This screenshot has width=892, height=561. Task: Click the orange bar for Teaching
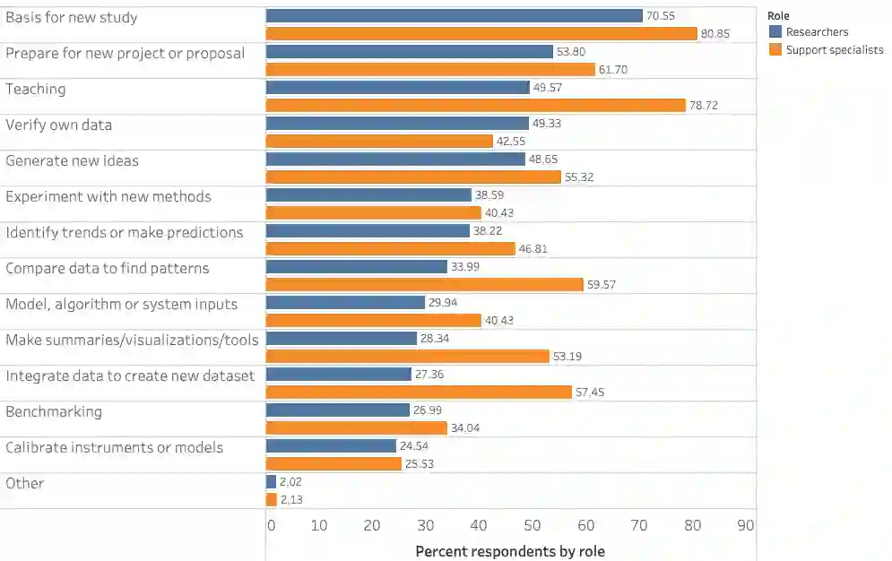click(x=475, y=106)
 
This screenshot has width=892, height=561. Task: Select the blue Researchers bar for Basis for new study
click(x=455, y=16)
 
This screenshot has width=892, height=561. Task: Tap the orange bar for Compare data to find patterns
click(x=424, y=285)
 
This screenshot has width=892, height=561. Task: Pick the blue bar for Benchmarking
click(x=338, y=410)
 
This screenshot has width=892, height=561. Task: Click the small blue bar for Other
click(x=271, y=482)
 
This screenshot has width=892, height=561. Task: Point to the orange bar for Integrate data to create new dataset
click(x=419, y=393)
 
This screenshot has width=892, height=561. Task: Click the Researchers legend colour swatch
click(x=775, y=32)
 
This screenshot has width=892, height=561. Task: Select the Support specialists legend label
click(x=834, y=50)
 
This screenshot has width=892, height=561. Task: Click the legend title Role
click(x=778, y=16)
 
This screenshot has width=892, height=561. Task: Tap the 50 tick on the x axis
click(x=533, y=526)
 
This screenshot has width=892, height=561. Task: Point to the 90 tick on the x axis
click(x=745, y=526)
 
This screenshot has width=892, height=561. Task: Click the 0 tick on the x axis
click(x=271, y=526)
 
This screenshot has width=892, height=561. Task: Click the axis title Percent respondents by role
click(x=510, y=551)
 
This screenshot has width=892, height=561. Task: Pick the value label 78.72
click(x=704, y=106)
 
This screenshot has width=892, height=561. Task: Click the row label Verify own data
click(x=59, y=125)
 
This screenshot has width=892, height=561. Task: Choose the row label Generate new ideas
click(x=73, y=160)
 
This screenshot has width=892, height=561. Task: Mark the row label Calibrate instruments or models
click(x=115, y=447)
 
